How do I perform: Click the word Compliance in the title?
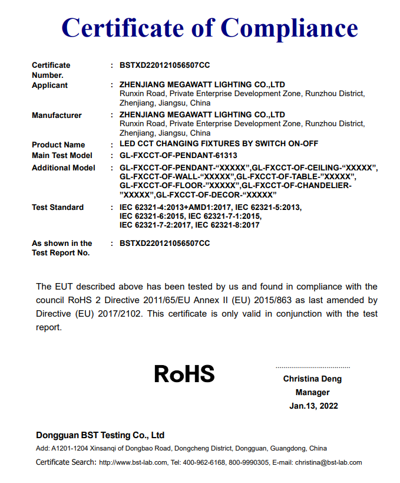289,28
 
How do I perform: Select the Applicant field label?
49,86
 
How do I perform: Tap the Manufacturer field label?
57,115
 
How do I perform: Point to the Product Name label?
58,145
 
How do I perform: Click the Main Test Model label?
62,156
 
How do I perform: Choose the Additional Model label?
63,168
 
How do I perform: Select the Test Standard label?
58,208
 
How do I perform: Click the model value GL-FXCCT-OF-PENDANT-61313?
178,156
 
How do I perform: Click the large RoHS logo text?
184,374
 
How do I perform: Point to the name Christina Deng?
312,379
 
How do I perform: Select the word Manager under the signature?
313,393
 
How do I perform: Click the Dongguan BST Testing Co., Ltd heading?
100,435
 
